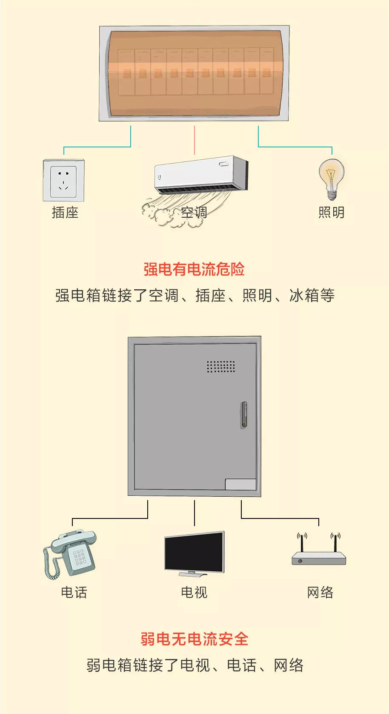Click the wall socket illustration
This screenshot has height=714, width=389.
(63, 180)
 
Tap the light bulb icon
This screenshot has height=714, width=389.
(332, 178)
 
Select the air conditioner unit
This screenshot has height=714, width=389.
(201, 175)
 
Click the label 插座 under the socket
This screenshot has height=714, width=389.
(65, 212)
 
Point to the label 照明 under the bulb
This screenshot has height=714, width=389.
(332, 212)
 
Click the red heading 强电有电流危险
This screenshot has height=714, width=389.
(194, 269)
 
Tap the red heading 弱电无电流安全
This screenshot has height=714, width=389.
(194, 639)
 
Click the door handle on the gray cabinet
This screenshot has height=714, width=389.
(244, 414)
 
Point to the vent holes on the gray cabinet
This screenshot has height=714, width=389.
(220, 366)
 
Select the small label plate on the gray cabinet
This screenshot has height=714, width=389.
(240, 484)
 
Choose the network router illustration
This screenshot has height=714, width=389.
(319, 554)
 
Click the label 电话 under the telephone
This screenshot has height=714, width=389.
(74, 592)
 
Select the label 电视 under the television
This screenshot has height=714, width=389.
(194, 592)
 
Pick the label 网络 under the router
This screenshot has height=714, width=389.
(320, 592)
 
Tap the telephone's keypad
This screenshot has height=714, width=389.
(79, 558)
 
